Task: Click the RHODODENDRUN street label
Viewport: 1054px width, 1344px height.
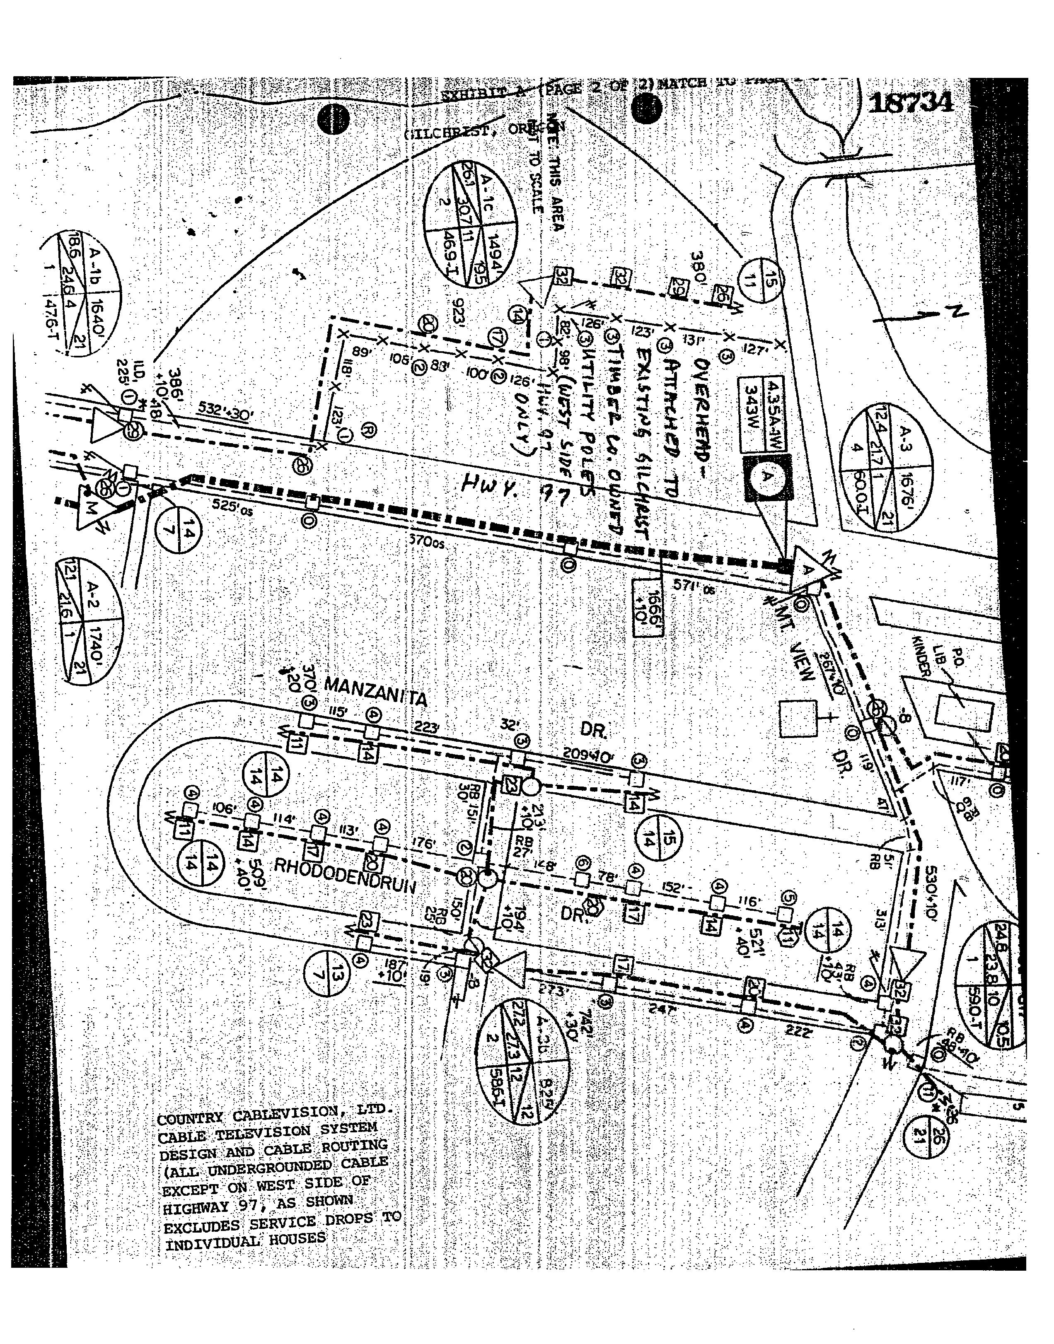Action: pos(344,876)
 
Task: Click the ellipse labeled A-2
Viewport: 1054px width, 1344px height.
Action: pos(89,619)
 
